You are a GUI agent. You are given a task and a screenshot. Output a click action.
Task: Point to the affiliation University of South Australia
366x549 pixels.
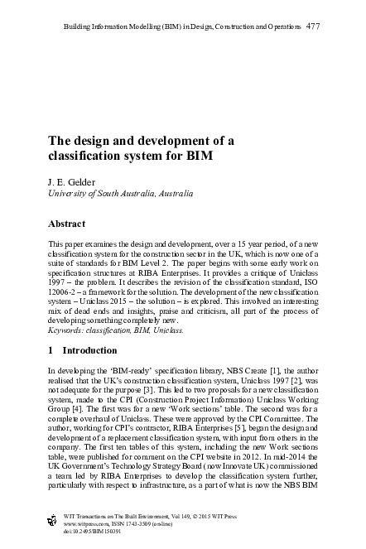109,193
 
